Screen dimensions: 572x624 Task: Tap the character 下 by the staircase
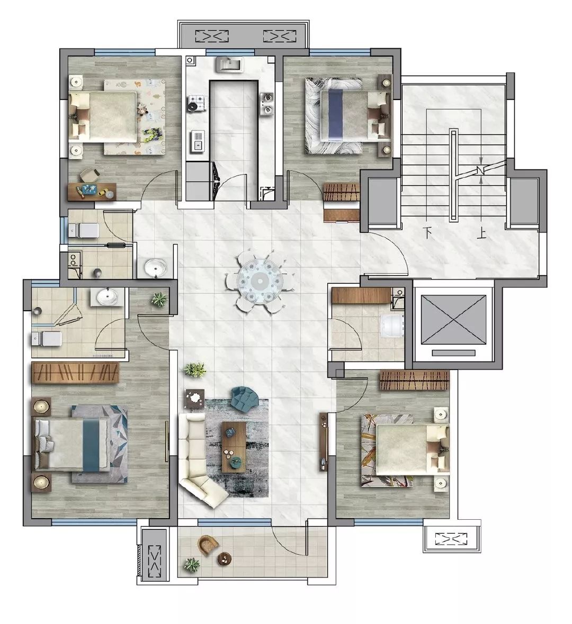point(428,232)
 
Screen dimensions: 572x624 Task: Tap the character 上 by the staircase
point(481,232)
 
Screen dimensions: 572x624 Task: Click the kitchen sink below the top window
point(229,65)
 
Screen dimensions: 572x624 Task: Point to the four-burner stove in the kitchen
point(196,102)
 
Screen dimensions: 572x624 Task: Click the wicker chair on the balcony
point(208,546)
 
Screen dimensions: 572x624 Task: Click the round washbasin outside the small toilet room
point(155,267)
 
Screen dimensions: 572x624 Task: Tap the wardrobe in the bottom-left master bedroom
point(75,373)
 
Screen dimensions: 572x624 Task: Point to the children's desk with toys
point(92,191)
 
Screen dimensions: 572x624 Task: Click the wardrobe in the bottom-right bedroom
point(414,380)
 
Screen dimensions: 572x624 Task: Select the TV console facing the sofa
point(324,442)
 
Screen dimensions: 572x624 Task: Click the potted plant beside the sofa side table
point(195,370)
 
